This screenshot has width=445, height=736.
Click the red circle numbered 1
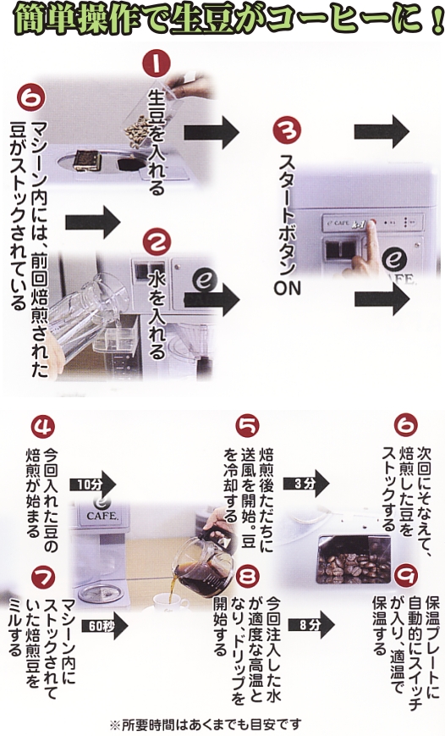point(157,64)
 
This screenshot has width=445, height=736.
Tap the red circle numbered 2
point(157,241)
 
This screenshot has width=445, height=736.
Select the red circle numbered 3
point(287,130)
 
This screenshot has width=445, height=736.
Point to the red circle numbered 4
point(42,427)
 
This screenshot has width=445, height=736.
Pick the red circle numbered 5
point(247,426)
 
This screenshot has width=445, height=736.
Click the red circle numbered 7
point(42,578)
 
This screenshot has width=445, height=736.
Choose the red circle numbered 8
point(248,577)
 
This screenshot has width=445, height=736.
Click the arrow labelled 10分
point(92,484)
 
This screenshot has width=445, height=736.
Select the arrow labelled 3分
point(305,484)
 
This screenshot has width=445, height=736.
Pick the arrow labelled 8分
point(310,624)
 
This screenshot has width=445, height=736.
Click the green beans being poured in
point(137,127)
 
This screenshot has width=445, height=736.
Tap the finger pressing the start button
point(368,244)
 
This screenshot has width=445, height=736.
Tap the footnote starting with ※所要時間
point(206,725)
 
